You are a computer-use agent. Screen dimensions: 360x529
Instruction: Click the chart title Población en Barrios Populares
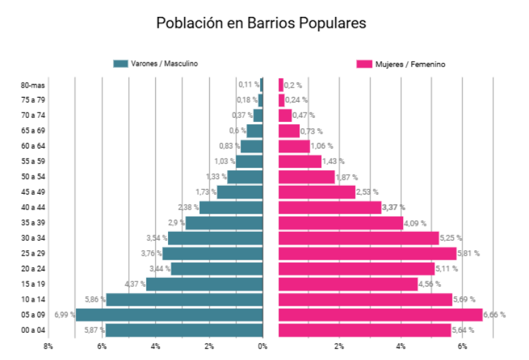[261, 22]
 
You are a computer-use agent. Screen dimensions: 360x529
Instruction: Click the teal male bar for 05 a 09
[169, 315]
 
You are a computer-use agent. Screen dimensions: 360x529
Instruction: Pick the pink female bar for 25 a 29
[367, 254]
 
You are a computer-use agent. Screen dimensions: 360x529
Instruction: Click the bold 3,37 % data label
[394, 207]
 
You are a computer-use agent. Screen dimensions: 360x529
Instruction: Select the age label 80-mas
[33, 85]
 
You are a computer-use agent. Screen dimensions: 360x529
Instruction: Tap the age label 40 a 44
[33, 207]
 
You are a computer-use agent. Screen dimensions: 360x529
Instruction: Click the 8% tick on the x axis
[48, 346]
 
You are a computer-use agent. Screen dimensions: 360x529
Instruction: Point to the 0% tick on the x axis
[263, 346]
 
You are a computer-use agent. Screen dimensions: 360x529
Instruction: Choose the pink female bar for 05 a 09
[380, 315]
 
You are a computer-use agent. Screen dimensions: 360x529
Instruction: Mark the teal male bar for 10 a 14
[184, 300]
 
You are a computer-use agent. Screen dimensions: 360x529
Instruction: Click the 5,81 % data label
[469, 254]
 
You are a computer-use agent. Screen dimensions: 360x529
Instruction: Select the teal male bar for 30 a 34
[215, 238]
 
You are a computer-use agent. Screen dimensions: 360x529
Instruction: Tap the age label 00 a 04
[33, 330]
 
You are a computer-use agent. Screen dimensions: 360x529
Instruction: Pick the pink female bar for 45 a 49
[316, 193]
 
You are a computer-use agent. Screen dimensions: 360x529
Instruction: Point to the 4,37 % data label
[135, 284]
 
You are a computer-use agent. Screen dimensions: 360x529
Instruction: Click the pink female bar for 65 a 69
[289, 131]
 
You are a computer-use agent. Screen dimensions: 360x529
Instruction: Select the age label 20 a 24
[33, 269]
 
